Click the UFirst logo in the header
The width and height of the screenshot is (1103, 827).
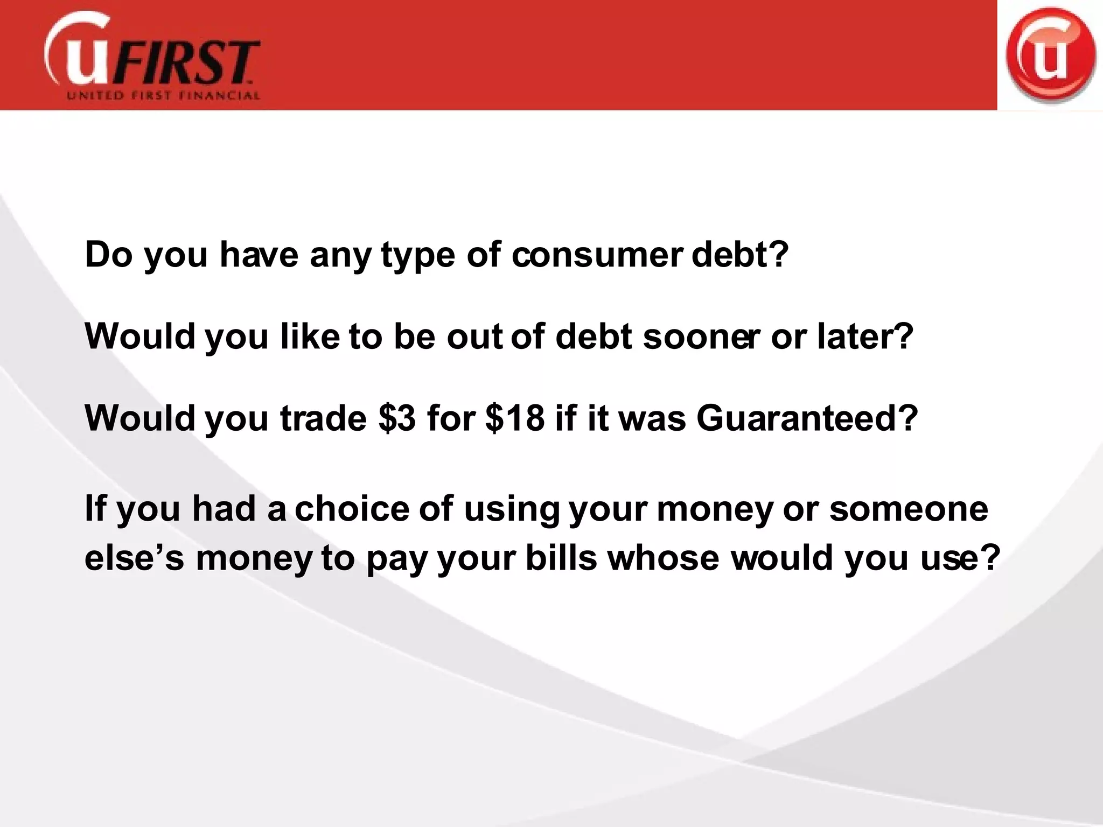coord(152,57)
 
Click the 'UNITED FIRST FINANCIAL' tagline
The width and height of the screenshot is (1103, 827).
coord(163,96)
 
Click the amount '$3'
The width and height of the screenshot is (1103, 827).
coord(397,418)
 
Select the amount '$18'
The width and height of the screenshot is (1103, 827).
coord(515,418)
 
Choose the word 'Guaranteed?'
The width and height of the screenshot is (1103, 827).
coord(807,418)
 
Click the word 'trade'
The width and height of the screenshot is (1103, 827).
coord(323,418)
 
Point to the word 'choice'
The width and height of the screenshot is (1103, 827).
coord(352,508)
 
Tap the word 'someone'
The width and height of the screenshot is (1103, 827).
coord(909,508)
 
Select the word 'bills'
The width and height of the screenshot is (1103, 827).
coord(561,558)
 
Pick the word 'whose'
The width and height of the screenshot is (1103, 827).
coord(664,558)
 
